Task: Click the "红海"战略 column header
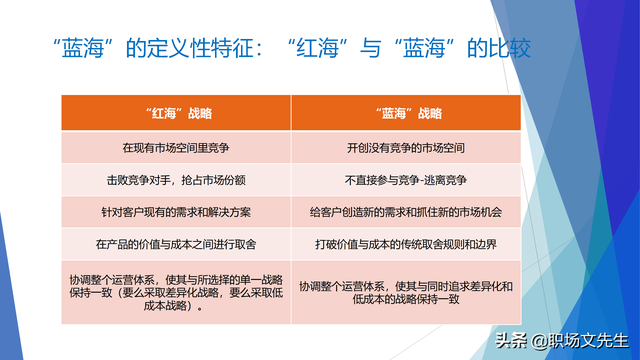176,113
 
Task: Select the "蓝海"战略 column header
405,113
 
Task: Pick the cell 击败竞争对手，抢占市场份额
176,179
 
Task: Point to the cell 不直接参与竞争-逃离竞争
405,179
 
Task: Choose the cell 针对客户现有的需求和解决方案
176,212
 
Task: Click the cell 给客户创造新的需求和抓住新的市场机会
405,212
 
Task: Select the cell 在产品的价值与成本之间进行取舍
176,245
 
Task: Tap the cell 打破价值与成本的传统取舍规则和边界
405,245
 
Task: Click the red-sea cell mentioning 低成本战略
176,292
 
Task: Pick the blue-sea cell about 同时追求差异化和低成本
405,292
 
